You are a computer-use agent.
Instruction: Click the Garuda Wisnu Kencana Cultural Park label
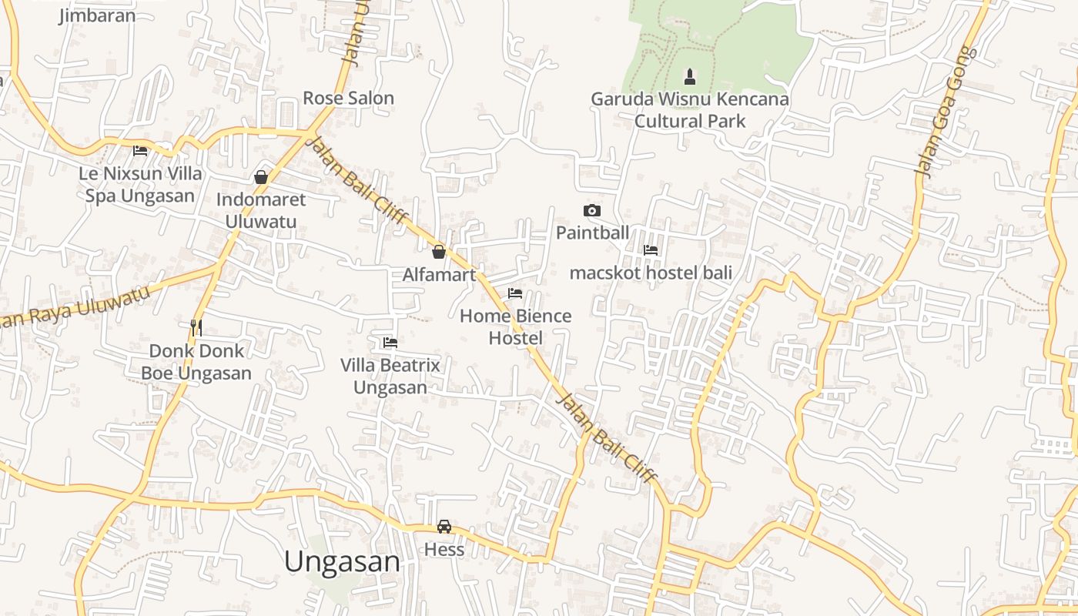tap(690, 110)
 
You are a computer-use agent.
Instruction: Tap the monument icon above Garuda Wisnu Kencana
tap(690, 77)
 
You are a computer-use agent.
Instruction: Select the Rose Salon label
tap(348, 98)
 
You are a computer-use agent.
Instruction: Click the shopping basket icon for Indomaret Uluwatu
tap(261, 177)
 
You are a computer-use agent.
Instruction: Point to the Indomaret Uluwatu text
tap(261, 210)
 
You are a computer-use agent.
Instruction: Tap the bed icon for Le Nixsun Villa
tap(140, 150)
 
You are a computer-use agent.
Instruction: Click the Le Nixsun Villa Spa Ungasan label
tap(140, 184)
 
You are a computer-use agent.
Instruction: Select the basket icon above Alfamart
tap(439, 252)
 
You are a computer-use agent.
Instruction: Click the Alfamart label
tap(439, 275)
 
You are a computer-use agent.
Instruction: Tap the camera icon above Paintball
tap(592, 210)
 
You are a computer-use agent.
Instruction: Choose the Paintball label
tap(592, 233)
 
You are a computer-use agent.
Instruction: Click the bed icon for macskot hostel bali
tap(651, 249)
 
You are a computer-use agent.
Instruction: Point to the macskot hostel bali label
tap(651, 273)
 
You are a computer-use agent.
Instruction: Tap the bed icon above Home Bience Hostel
tap(515, 293)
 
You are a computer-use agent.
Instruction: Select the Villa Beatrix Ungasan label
tap(390, 376)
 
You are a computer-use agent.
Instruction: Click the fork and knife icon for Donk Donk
tap(196, 327)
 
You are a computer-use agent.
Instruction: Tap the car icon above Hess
tap(444, 527)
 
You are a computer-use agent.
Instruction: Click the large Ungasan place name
tap(342, 561)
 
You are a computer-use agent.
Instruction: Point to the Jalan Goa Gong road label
tap(944, 112)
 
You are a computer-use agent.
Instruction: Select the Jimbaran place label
tap(97, 15)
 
